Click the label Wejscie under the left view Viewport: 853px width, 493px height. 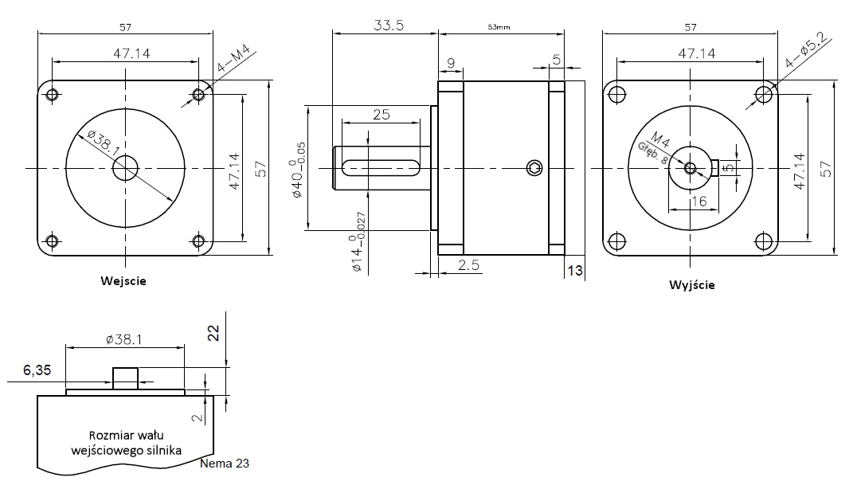[123, 280]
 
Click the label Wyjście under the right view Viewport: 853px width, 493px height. [691, 284]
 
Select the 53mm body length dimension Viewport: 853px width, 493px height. [499, 27]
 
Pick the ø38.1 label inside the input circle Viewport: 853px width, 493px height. [94, 144]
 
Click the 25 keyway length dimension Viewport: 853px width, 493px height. [381, 114]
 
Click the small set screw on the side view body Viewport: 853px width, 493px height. [534, 167]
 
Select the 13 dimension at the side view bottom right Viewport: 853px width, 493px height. [574, 271]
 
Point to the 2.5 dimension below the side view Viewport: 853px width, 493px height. [469, 265]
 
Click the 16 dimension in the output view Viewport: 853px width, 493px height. [698, 201]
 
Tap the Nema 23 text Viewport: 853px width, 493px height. [225, 462]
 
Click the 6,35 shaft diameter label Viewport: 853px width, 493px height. [37, 370]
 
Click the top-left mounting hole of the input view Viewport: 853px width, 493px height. [53, 96]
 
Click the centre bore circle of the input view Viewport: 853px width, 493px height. [125, 167]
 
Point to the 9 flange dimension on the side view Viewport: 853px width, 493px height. [451, 63]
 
